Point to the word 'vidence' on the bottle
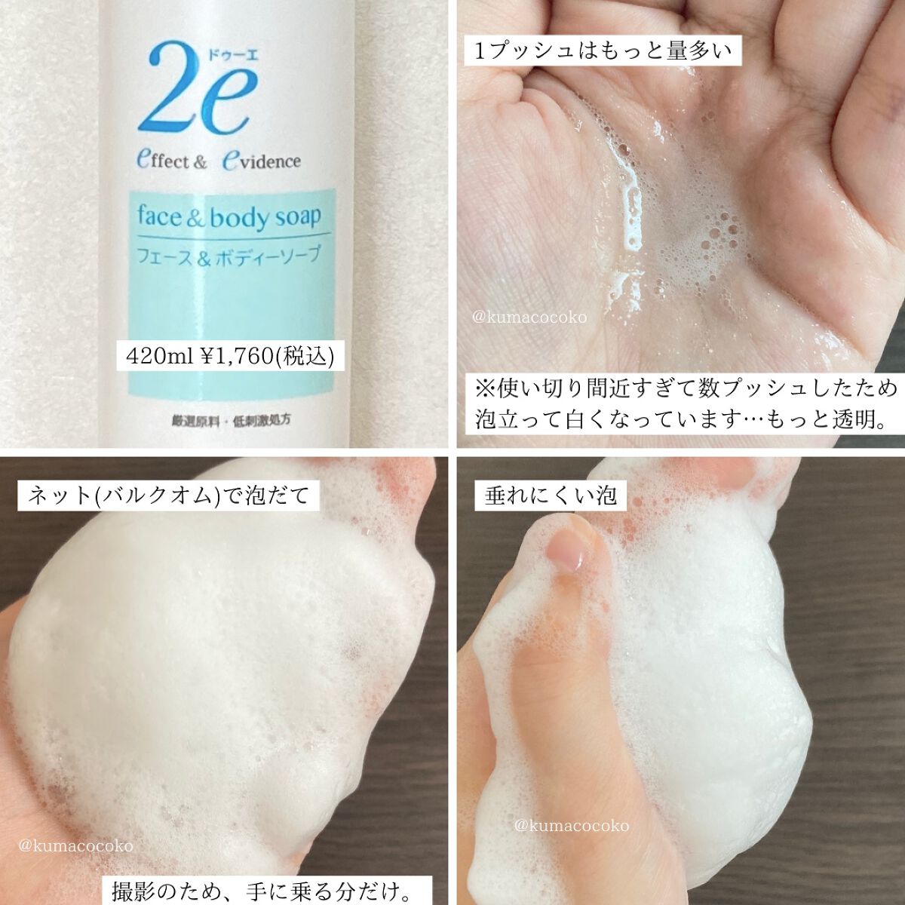(271, 161)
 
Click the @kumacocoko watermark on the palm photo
(529, 318)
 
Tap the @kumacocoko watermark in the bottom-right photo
(571, 826)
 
